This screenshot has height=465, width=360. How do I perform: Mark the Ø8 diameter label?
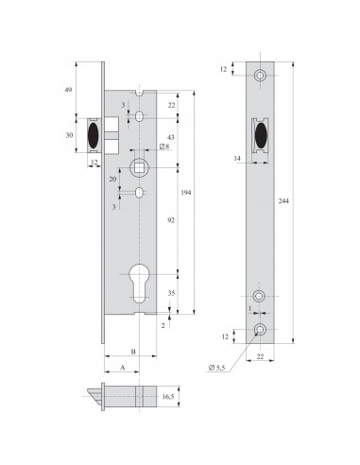coord(164,147)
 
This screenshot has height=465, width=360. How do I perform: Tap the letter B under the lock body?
coord(132,351)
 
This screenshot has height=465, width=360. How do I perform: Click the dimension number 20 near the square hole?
coord(114,177)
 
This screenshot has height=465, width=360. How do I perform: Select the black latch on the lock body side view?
coord(94,134)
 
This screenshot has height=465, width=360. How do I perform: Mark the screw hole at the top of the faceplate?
coord(261,74)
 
